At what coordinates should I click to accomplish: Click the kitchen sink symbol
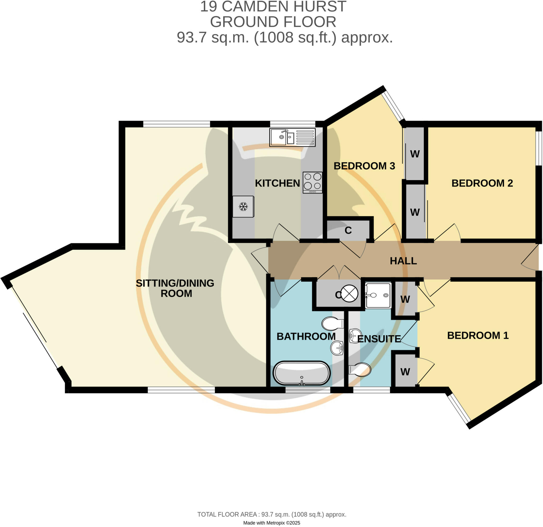(292, 137)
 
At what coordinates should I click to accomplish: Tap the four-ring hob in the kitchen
(313, 182)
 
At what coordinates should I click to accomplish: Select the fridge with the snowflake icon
(243, 206)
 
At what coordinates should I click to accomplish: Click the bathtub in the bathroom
(301, 373)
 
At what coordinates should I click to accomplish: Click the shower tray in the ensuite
(378, 295)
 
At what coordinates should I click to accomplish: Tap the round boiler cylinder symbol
(349, 293)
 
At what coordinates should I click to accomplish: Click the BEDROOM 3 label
(364, 166)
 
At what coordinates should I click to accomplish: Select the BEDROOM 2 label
(482, 183)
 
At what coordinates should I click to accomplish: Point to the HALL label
(403, 261)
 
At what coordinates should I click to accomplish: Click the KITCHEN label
(277, 183)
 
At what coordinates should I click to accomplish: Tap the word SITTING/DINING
(174, 283)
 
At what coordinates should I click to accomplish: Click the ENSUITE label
(379, 339)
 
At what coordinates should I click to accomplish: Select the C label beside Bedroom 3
(348, 230)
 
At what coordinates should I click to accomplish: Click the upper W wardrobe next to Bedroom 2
(414, 154)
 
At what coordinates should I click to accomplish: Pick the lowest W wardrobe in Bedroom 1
(405, 372)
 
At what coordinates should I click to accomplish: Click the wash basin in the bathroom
(337, 348)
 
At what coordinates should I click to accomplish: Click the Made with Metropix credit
(271, 523)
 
